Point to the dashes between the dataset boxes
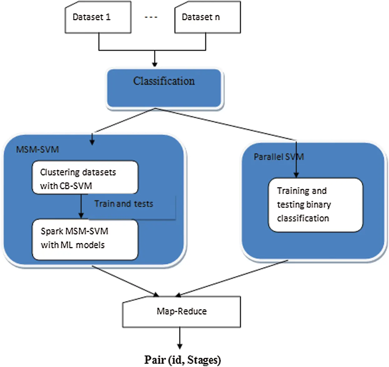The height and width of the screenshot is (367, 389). click(151, 17)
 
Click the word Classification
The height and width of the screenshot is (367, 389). click(164, 81)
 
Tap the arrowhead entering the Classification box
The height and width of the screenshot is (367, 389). click(154, 64)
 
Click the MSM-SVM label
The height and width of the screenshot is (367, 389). click(37, 150)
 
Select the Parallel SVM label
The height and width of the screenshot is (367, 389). click(278, 157)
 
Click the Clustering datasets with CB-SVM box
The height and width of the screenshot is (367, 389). click(85, 178)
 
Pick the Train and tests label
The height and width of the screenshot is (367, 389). click(124, 204)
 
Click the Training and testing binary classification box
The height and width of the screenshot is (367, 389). click(316, 205)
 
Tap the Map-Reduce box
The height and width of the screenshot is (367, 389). click(182, 311)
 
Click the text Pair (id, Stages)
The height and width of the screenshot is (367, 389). click(182, 360)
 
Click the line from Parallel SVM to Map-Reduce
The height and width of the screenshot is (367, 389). click(233, 278)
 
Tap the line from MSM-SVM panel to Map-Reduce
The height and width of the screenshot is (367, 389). click(125, 280)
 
